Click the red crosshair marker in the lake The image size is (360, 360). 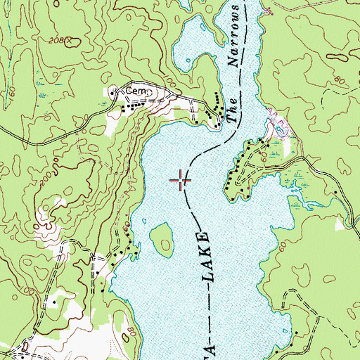[181, 181]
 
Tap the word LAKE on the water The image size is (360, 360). [205, 257]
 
